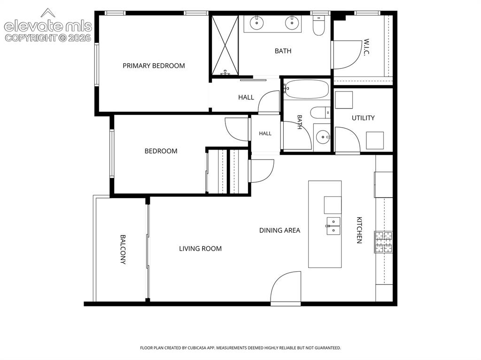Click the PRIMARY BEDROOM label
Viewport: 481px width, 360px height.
[154, 66]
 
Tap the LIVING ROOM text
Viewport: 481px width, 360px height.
[200, 249]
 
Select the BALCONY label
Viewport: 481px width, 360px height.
[123, 249]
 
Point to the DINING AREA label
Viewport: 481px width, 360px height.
[280, 230]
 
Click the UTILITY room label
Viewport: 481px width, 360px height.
[363, 118]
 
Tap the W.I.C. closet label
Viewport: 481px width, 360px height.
[366, 47]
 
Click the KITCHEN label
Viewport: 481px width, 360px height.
[359, 230]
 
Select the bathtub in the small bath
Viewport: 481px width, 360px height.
[306, 89]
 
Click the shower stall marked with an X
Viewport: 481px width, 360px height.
[225, 45]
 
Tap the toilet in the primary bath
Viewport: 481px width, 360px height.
[319, 25]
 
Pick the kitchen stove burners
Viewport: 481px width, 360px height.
[383, 242]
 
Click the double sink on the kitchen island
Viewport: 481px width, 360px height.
[334, 226]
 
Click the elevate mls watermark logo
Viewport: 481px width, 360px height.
[48, 25]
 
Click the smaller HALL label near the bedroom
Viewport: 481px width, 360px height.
[265, 133]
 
